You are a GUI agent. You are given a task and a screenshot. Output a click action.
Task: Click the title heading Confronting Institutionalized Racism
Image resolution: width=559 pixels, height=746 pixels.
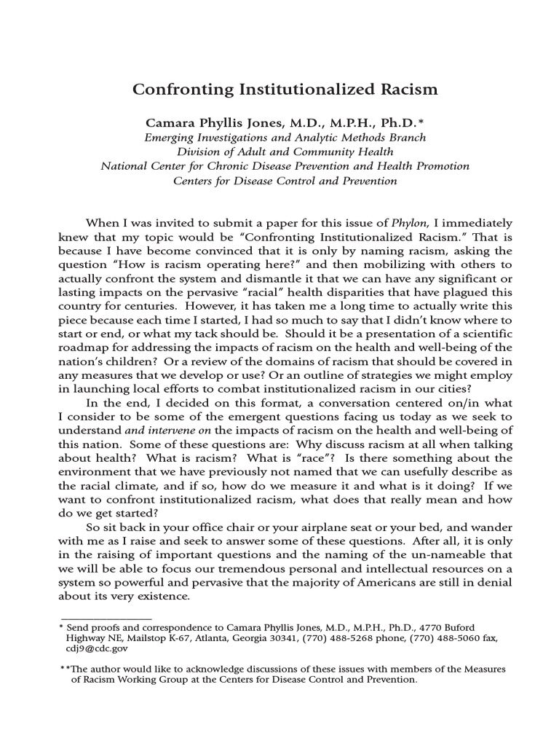[x=285, y=90]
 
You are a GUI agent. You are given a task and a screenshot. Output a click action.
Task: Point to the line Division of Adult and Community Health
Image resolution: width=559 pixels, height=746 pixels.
[x=285, y=152]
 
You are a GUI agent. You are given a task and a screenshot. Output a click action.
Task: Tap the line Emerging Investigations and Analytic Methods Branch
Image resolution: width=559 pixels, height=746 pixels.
[x=285, y=137]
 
